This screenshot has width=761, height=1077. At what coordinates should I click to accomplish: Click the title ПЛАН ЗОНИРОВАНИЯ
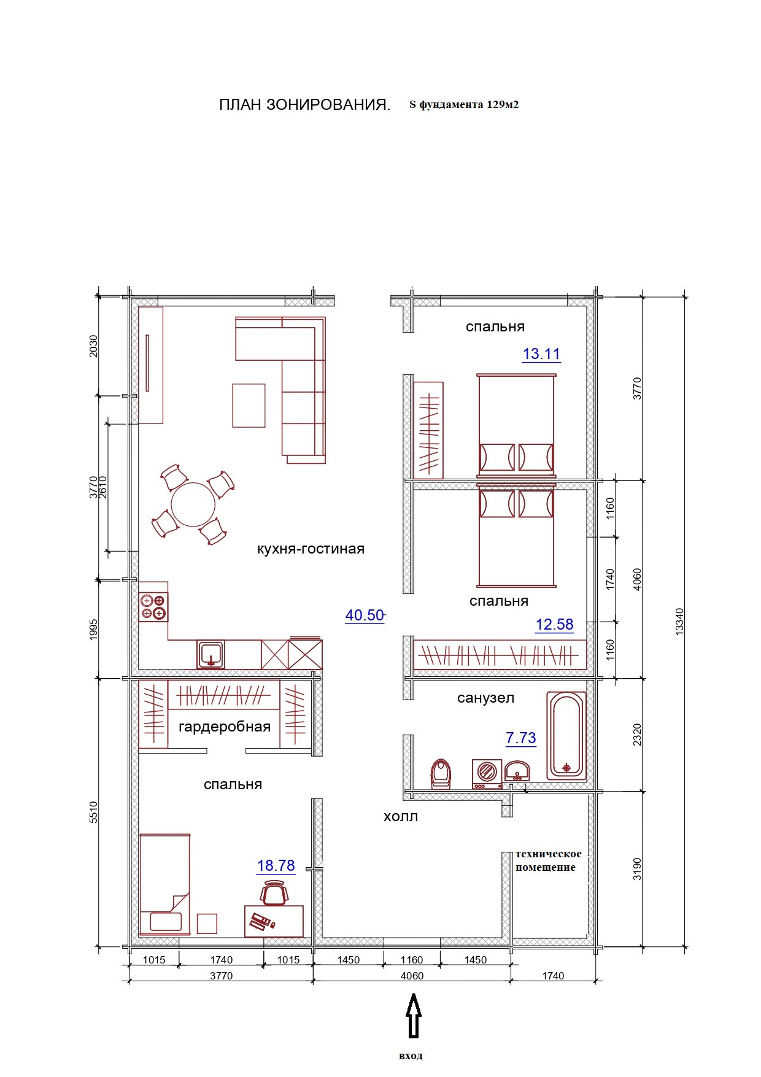tap(304, 105)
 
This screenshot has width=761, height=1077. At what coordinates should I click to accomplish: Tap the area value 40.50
tap(365, 615)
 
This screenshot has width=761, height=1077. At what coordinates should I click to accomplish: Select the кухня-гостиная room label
tap(311, 549)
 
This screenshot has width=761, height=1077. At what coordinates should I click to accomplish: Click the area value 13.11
tap(541, 353)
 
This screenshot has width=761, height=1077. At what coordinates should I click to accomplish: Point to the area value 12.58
tap(554, 624)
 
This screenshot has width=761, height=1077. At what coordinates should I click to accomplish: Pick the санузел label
tap(485, 698)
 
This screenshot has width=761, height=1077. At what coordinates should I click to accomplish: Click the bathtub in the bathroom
tap(566, 736)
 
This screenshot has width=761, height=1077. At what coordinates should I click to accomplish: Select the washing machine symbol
tap(487, 774)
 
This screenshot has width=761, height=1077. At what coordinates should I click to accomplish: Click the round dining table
tap(193, 505)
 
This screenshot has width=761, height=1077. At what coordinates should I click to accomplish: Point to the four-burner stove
tap(153, 607)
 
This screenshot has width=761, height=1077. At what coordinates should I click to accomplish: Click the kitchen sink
tap(211, 654)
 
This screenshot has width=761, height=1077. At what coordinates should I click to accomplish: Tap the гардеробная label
tap(225, 727)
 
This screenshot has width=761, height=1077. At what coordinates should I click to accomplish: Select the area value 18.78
tap(276, 865)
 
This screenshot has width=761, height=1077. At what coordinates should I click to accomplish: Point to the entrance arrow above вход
tap(414, 1016)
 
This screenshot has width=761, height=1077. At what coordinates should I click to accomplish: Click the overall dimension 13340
tap(679, 621)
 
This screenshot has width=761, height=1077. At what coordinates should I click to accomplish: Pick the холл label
tap(401, 816)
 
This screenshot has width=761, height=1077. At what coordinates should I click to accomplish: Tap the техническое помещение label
tap(548, 860)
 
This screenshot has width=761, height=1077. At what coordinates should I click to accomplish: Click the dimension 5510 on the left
tap(93, 812)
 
